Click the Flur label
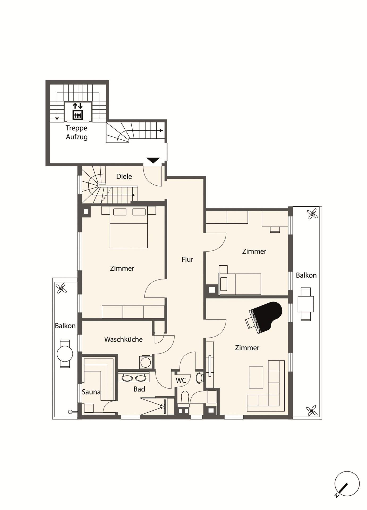(187, 259)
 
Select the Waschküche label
(123, 339)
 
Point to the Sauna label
(91, 392)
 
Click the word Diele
(124, 176)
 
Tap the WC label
(181, 380)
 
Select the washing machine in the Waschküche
(146, 362)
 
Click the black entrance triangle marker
(153, 160)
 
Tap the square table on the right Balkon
(306, 304)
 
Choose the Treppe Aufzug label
(77, 132)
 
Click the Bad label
(139, 389)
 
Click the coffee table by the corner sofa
(256, 377)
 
